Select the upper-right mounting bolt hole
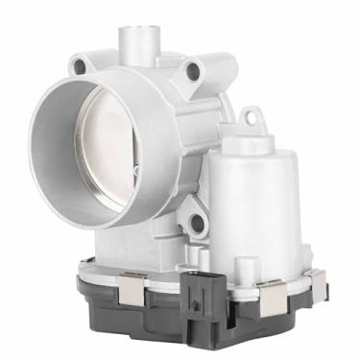pyautogui.click(x=193, y=71)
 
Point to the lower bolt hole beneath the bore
pyautogui.click(x=197, y=224)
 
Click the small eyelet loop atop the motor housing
pyautogui.click(x=252, y=118)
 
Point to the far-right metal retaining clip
pyautogui.click(x=316, y=280)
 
